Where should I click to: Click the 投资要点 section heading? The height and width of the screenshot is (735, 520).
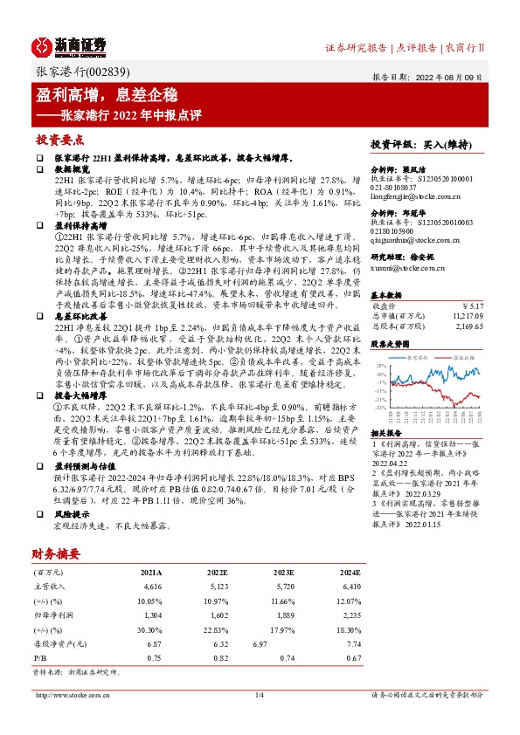59,140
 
